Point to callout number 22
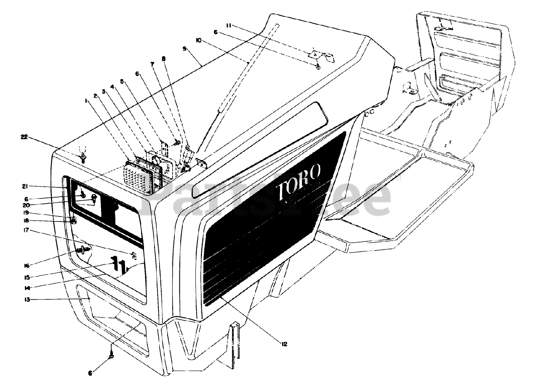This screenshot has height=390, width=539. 25,136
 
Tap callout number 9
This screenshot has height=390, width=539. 184,48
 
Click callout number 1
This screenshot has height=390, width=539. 86,101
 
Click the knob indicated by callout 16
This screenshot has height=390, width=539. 82,251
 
